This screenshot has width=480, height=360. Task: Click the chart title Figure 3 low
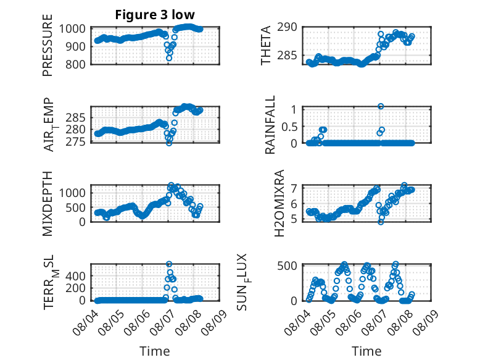[x=155, y=15]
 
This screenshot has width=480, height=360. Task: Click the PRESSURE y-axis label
[x=48, y=45]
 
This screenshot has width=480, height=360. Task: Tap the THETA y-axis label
[x=266, y=45]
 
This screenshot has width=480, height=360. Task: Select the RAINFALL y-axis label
[x=270, y=125]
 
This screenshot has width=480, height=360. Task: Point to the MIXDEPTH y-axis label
[x=48, y=204]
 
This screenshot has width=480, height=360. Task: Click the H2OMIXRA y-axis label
[x=279, y=203]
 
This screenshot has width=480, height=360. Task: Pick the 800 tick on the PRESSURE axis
[x=76, y=64]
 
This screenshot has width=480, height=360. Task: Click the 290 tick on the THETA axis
[x=287, y=27]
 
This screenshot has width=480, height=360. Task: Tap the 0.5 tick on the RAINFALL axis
[x=289, y=126]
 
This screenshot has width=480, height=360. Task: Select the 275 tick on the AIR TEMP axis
[x=76, y=141]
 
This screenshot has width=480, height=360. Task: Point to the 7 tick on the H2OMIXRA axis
[x=294, y=188]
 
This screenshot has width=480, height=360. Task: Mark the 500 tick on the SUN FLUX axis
[x=287, y=266]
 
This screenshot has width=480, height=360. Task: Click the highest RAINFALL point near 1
[x=381, y=106]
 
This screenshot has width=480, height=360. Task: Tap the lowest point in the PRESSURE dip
[x=169, y=58]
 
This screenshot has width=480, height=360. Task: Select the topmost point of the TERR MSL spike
[x=169, y=264]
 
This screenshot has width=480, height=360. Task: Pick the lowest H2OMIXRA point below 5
[x=381, y=222]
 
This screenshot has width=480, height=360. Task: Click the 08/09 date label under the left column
[x=215, y=322]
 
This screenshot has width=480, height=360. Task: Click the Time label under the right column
[x=366, y=351]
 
